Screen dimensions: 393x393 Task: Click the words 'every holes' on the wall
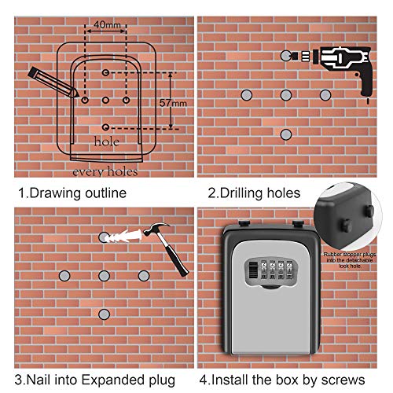tap(105, 171)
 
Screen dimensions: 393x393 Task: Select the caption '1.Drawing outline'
tap(72, 193)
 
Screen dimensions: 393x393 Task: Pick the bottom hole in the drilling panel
tap(285, 134)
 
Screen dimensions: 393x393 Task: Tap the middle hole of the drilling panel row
tap(285, 94)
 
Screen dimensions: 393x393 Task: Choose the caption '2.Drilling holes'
tap(254, 193)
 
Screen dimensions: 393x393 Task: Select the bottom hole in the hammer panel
tap(104, 314)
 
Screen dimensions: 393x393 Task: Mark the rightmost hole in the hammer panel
tap(144, 275)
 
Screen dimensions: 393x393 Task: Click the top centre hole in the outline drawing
tap(105, 72)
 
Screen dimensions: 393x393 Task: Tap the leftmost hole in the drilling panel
tap(245, 94)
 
